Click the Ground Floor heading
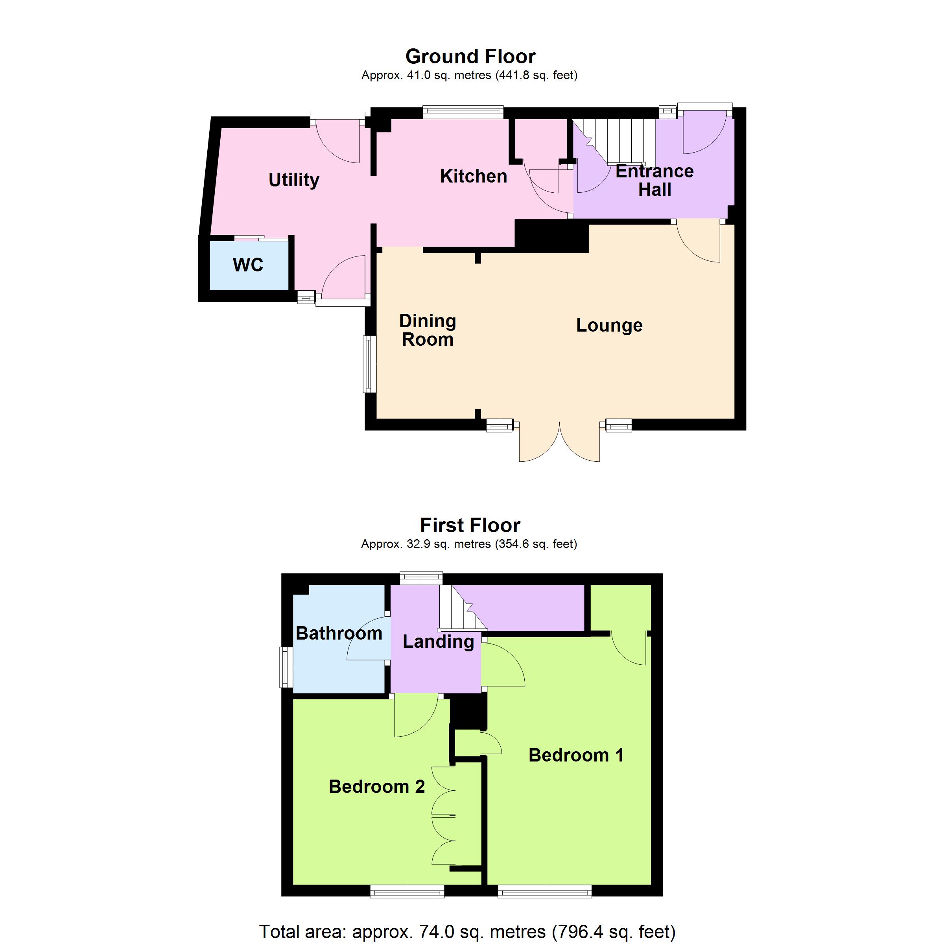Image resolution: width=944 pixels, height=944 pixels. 470,57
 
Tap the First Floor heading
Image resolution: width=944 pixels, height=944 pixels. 470,525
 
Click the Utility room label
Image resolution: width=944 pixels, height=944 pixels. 294,180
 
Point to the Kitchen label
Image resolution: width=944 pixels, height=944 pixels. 474,176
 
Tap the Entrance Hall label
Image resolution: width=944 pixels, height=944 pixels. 655,180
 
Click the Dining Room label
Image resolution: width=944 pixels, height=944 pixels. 428,330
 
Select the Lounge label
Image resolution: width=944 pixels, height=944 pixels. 609,325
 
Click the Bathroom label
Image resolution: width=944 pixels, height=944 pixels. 339,633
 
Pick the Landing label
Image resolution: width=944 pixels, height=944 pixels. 438,642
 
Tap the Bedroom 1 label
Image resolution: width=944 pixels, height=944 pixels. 576,755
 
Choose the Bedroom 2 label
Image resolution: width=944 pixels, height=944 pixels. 377,787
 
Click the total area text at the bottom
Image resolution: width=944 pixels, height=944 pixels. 467,931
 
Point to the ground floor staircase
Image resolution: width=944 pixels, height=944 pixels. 613,142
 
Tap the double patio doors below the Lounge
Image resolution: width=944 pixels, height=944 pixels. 559,442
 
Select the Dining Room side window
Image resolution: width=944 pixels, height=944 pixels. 370,364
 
